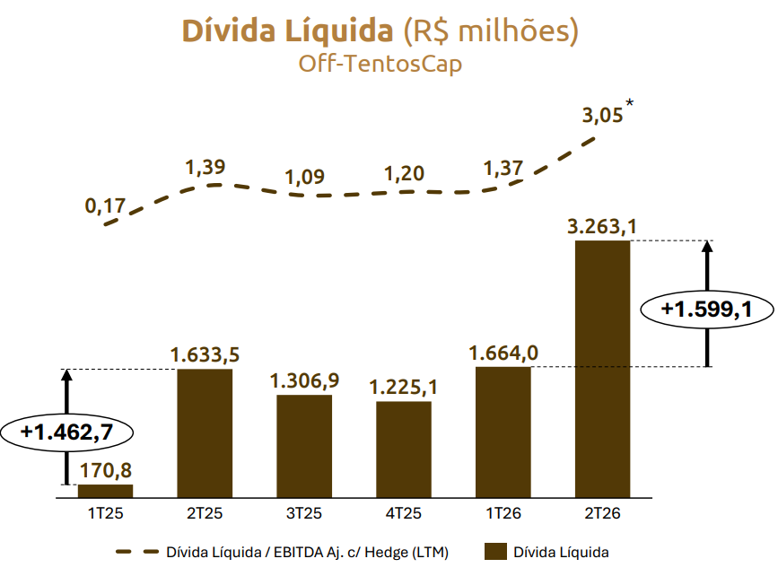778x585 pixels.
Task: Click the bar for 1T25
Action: [106, 491]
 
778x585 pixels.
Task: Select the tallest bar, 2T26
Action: [602, 369]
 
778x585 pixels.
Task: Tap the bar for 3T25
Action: [304, 446]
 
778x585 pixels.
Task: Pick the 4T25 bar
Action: [404, 450]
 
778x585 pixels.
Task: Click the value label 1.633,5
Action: [205, 354]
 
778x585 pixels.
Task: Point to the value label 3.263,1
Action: [602, 227]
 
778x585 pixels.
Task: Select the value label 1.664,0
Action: [503, 353]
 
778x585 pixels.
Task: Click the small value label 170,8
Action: [106, 470]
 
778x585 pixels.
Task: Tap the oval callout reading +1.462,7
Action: [67, 432]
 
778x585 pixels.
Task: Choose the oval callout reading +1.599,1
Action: [707, 310]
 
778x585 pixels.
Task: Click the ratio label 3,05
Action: [602, 116]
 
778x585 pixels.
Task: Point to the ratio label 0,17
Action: [105, 205]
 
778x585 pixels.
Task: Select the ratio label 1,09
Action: [304, 177]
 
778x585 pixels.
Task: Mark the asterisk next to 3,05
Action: [630, 103]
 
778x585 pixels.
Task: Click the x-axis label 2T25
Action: [205, 512]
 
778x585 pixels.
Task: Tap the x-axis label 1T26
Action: [503, 512]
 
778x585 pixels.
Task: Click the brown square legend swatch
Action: [495, 552]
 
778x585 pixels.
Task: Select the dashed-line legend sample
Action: [137, 552]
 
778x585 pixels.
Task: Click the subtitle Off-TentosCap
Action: [380, 64]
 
